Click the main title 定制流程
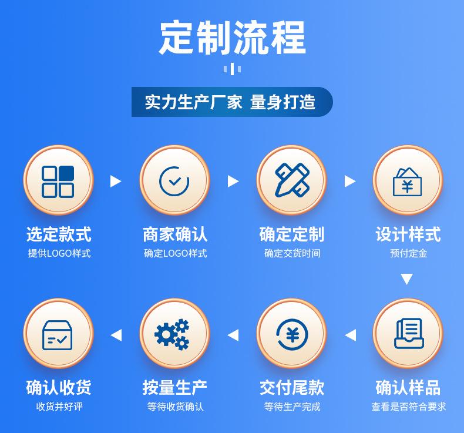[233, 38]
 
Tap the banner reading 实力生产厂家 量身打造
[232, 102]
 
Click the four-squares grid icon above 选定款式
[58, 182]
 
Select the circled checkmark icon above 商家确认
[174, 181]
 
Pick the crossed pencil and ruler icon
[292, 180]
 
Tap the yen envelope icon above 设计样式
[407, 182]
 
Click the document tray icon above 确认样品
[409, 334]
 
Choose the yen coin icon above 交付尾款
[292, 335]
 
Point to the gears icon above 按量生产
[172, 334]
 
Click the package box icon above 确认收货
[58, 335]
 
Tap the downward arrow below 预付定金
[407, 279]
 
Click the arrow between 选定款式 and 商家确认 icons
[116, 181]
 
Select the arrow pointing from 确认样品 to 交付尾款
[351, 335]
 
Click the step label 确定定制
[292, 234]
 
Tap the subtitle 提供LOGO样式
[59, 253]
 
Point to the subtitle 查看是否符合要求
[408, 407]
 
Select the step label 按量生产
[174, 387]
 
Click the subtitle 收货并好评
[59, 407]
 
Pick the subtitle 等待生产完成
[292, 407]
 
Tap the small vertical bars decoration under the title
[233, 69]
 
